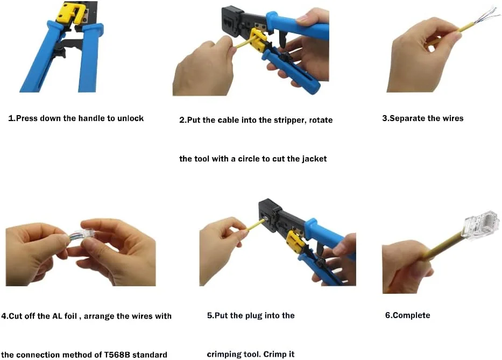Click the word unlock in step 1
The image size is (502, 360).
click(130, 118)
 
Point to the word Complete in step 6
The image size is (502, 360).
click(412, 315)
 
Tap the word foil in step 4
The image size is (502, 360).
click(70, 316)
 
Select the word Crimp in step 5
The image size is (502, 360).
click(274, 354)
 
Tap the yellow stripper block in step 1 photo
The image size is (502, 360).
click(69, 13)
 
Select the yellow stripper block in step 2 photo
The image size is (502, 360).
click(258, 41)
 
